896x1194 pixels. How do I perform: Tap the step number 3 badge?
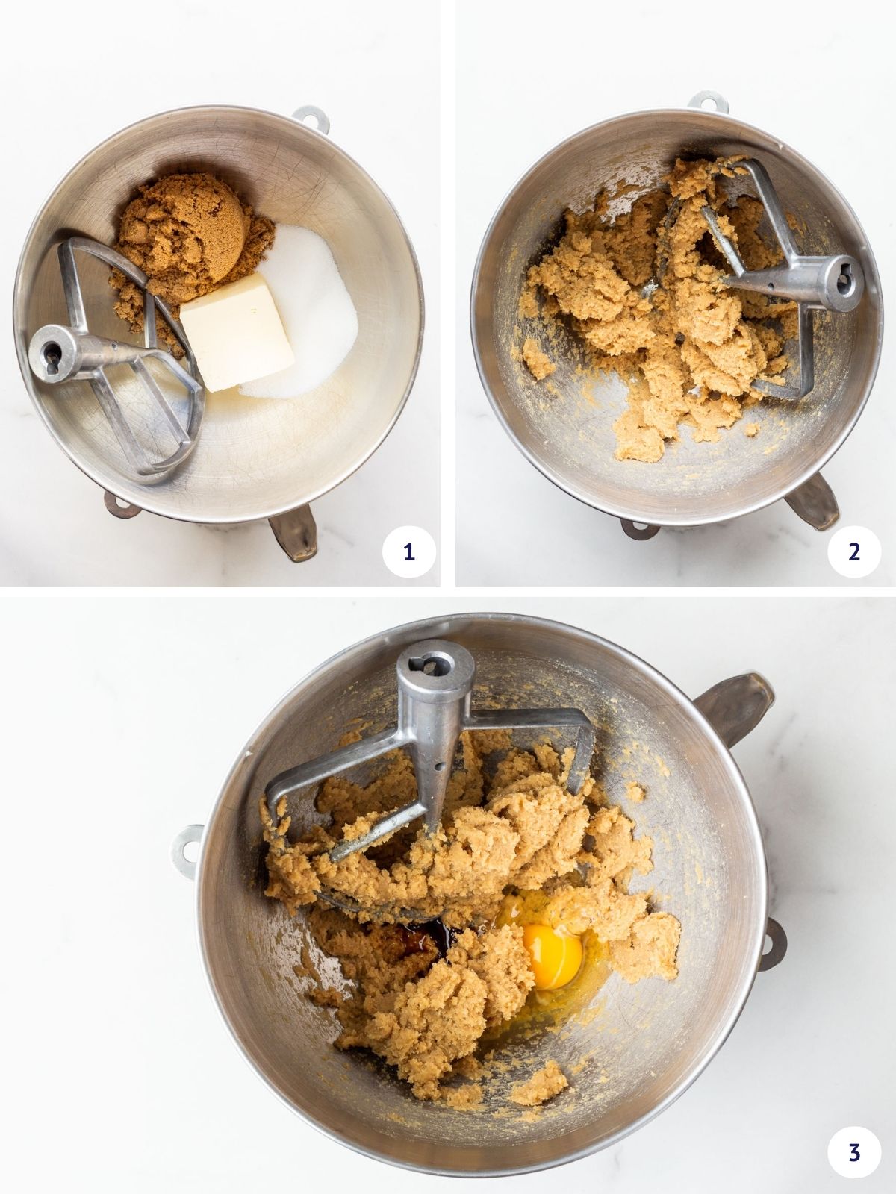coord(854,1152)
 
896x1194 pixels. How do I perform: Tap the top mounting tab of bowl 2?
coord(707,101)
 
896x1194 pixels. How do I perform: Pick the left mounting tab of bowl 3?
coord(187,851)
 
